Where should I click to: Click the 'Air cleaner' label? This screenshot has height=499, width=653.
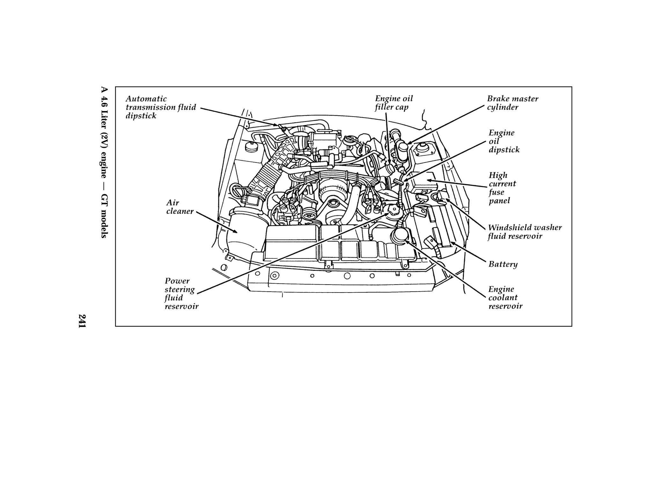[180, 207]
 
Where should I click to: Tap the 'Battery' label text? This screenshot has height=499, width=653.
[503, 264]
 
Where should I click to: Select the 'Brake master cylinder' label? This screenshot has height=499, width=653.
[512, 103]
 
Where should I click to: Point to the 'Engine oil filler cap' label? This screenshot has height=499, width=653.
[393, 103]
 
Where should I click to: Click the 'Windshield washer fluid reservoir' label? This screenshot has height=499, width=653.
[525, 232]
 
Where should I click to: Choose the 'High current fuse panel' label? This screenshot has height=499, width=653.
[502, 188]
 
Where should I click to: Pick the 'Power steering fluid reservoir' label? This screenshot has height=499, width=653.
[181, 293]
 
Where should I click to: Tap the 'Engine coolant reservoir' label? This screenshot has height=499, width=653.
[505, 297]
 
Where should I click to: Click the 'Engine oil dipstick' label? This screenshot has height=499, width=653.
[504, 141]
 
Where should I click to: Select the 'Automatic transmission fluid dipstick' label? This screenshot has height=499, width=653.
[161, 107]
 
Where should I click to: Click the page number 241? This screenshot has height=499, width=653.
[82, 321]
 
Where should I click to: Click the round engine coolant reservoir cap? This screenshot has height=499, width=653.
[400, 235]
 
